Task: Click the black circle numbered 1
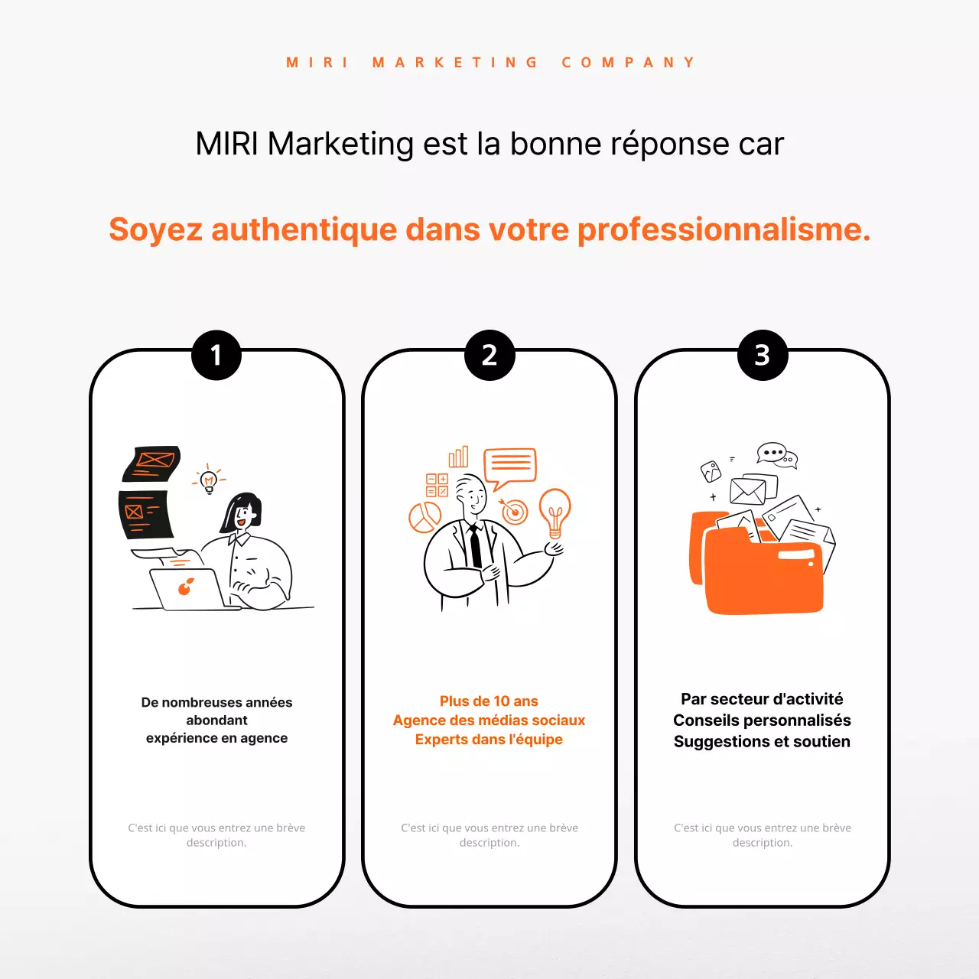click(216, 355)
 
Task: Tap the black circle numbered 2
click(489, 355)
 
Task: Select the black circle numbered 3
click(763, 355)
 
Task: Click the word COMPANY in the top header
click(628, 63)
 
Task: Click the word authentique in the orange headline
click(304, 229)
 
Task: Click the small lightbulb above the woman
click(209, 481)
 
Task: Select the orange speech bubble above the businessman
click(510, 466)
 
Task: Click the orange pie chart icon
click(424, 518)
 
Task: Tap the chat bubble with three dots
click(772, 453)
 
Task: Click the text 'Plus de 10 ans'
click(489, 701)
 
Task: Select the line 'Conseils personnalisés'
click(762, 720)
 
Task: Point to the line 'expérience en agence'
click(216, 738)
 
